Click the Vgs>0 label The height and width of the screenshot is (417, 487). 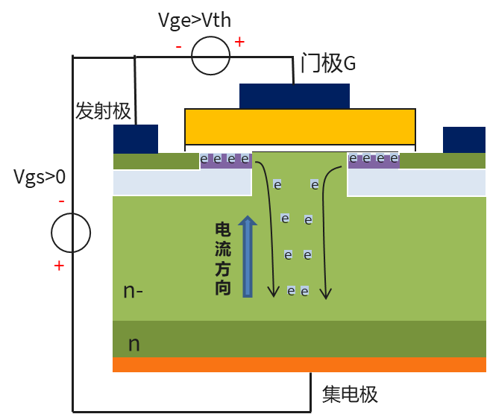(x=40, y=177)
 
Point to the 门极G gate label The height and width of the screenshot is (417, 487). (x=328, y=63)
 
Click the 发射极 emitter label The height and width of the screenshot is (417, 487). (x=103, y=112)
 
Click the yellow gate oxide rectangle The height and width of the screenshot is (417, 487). (x=300, y=126)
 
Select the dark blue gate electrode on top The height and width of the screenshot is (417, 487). (x=295, y=95)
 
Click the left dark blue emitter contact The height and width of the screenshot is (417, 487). (x=136, y=139)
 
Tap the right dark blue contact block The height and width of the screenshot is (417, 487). (x=464, y=139)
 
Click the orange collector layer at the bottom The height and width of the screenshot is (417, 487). (x=299, y=364)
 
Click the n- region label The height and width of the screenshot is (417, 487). (x=133, y=291)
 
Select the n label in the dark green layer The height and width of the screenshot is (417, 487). (x=134, y=343)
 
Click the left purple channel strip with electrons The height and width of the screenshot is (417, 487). (x=225, y=160)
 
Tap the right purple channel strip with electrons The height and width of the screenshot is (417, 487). (x=374, y=160)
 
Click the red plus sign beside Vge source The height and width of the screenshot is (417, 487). (x=239, y=42)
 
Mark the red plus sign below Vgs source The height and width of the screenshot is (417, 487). (x=59, y=266)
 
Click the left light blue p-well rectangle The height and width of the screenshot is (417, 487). (x=182, y=183)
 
